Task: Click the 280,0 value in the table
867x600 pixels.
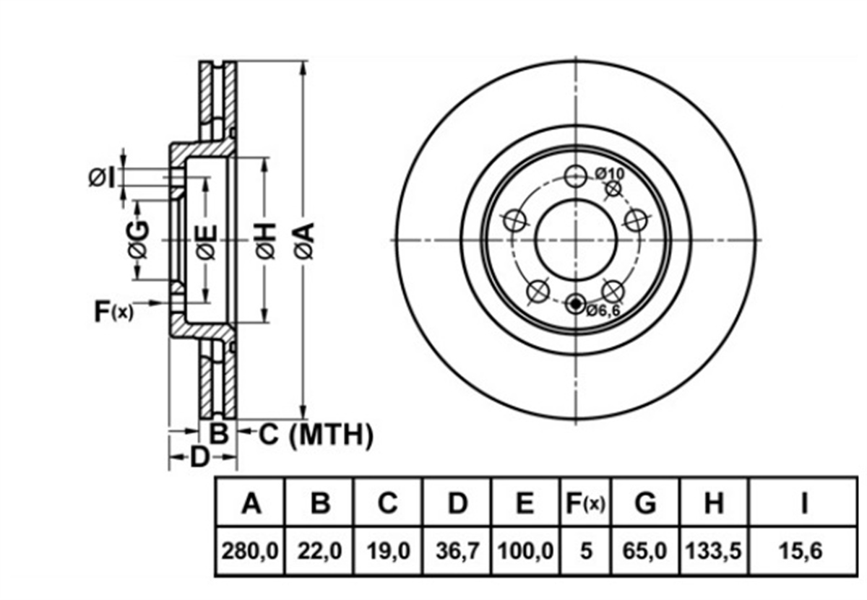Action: [250, 550]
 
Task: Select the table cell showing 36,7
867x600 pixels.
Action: [457, 550]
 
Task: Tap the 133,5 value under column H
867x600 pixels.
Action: [713, 550]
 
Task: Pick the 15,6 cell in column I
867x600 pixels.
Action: [801, 550]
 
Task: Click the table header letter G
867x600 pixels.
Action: [645, 503]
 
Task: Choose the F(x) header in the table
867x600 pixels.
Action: [585, 503]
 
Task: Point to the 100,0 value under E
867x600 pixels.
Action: [525, 550]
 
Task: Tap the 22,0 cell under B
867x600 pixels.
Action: [319, 550]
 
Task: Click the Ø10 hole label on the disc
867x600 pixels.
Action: [610, 174]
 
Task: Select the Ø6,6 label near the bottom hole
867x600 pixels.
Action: [603, 310]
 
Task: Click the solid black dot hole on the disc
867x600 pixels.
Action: [576, 304]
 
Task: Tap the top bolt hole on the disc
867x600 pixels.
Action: [576, 176]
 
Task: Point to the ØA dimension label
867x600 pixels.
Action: [304, 240]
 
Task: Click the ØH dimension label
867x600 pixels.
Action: [266, 240]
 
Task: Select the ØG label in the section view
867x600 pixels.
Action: [138, 239]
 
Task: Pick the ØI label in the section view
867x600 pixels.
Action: [102, 178]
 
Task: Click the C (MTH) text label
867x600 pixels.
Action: [316, 435]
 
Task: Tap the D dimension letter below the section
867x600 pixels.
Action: [199, 457]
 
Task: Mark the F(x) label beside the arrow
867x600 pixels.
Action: [114, 311]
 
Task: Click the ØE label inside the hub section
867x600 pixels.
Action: [205, 241]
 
